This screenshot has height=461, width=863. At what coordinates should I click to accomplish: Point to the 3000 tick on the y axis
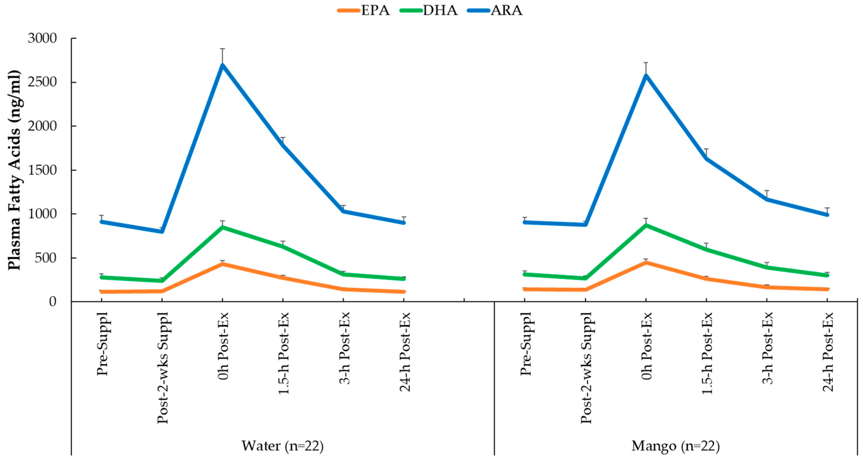point(42,38)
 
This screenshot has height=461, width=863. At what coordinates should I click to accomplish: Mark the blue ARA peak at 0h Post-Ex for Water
point(222,65)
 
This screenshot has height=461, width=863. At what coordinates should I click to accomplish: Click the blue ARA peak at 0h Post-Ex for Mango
point(646,75)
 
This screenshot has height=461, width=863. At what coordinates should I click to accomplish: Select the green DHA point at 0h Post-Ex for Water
point(222,227)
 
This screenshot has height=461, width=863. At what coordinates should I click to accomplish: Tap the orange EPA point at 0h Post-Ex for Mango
point(646,262)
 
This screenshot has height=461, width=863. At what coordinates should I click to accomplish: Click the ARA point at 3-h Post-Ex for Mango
point(767,199)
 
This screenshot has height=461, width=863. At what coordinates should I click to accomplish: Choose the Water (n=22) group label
point(282,446)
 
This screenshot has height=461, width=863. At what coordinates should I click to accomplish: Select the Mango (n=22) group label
point(675,446)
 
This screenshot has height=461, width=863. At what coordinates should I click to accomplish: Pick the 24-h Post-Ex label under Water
point(405,352)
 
